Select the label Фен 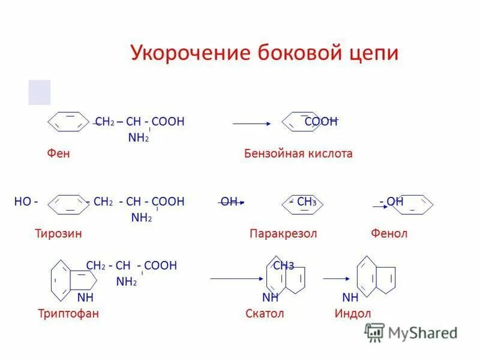[59, 154]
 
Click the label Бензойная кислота [298, 154]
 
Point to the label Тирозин [58, 233]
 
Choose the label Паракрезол [283, 233]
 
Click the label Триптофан [68, 313]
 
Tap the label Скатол [265, 313]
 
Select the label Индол [353, 313]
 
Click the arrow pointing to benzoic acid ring [252, 124]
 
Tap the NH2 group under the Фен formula [139, 138]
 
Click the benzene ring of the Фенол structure [414, 205]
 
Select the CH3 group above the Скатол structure [283, 266]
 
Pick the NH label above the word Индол [350, 298]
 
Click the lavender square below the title [40, 92]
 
